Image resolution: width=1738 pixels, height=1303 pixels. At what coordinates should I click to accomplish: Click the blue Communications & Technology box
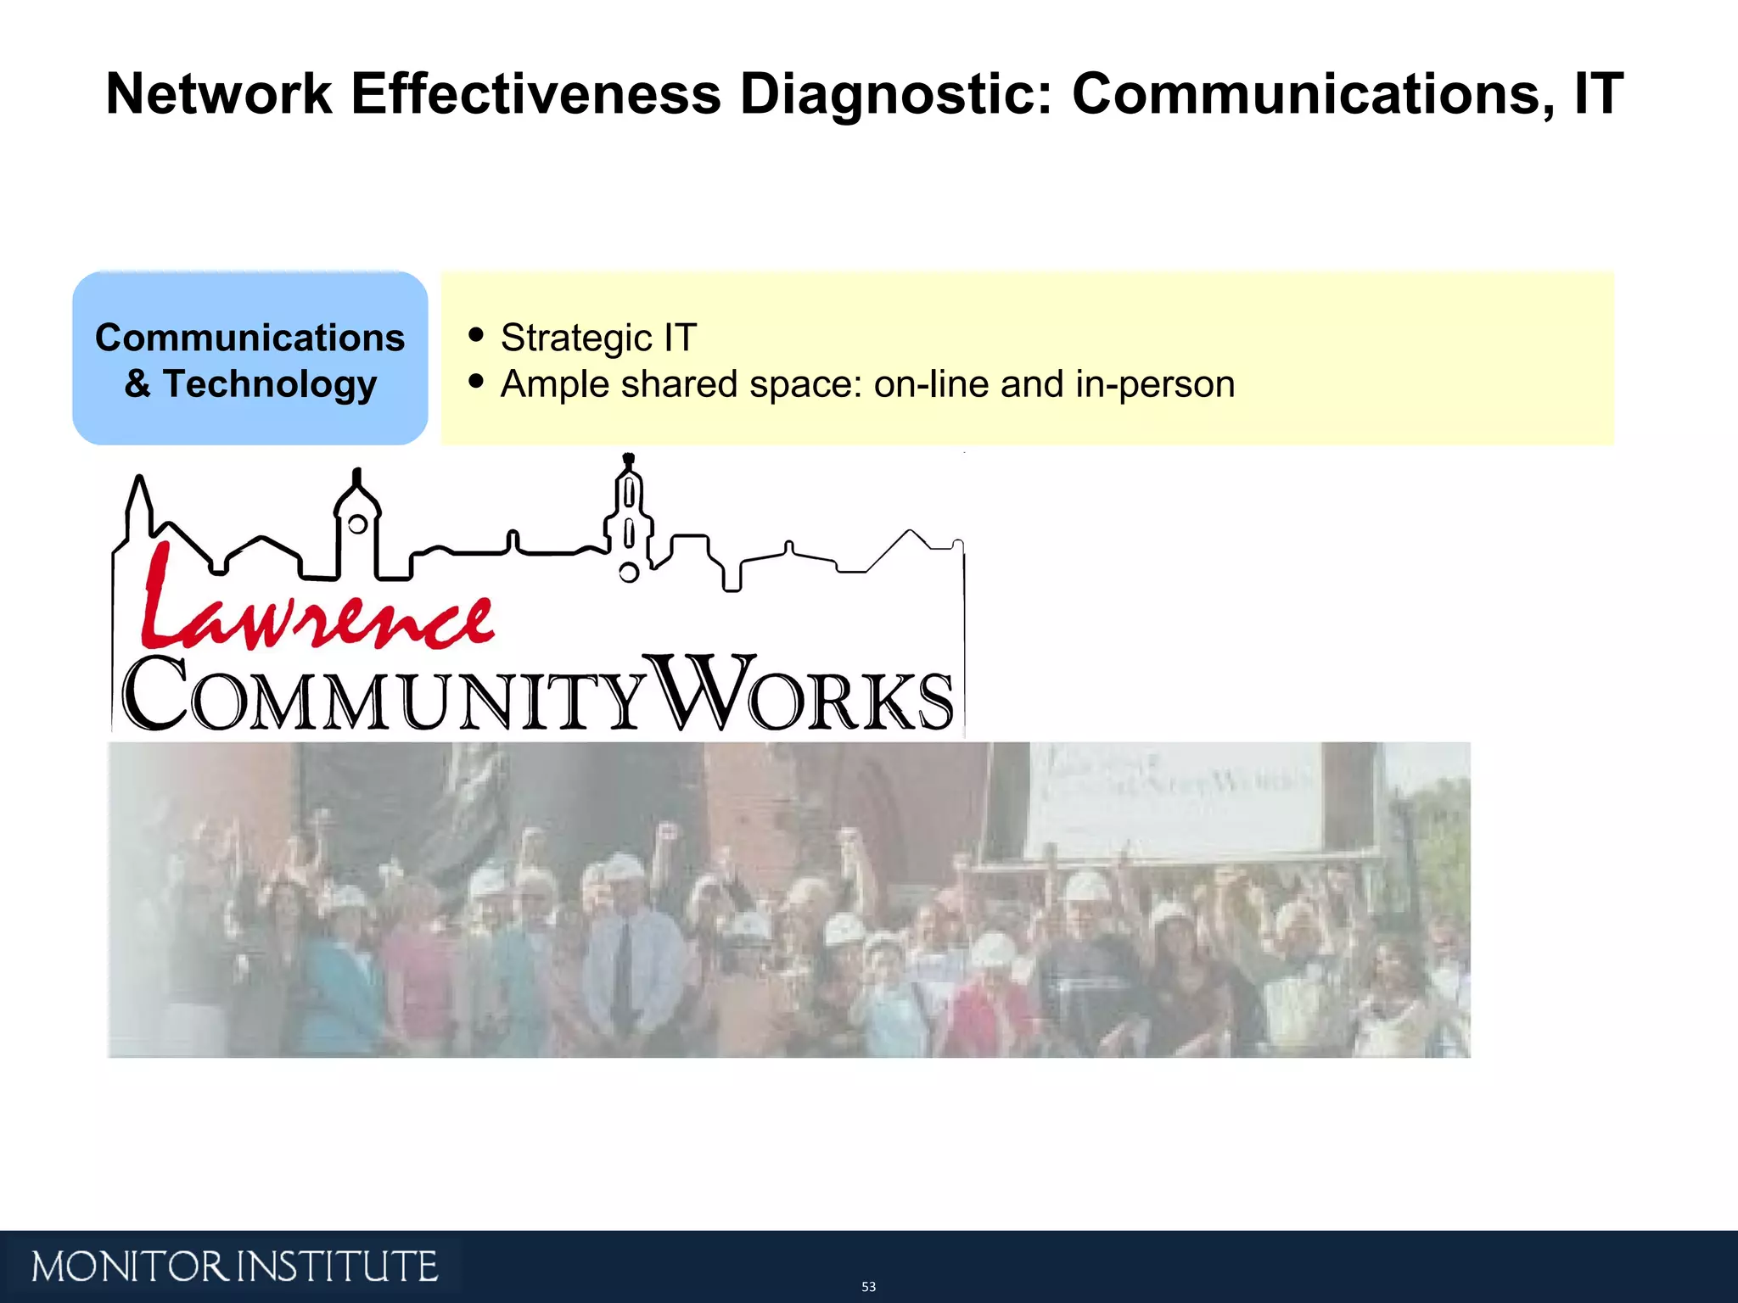click(249, 358)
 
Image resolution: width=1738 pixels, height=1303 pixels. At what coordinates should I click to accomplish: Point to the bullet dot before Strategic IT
click(476, 335)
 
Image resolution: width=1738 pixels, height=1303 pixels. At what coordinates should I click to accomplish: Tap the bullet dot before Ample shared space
click(476, 382)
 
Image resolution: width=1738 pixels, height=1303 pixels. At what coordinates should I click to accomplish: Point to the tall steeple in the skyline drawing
click(629, 509)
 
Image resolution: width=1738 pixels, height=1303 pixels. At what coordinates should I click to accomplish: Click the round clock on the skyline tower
click(357, 524)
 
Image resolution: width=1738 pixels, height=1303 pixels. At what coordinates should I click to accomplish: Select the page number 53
click(868, 1287)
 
